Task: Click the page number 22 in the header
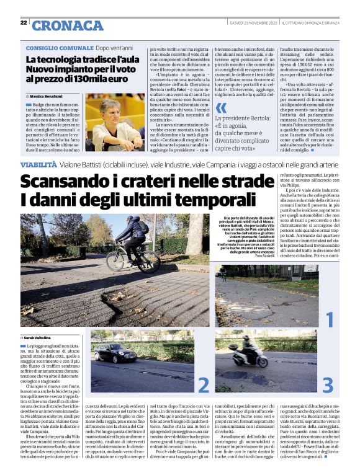[x=23, y=23]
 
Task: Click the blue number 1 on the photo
[x=329, y=319]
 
